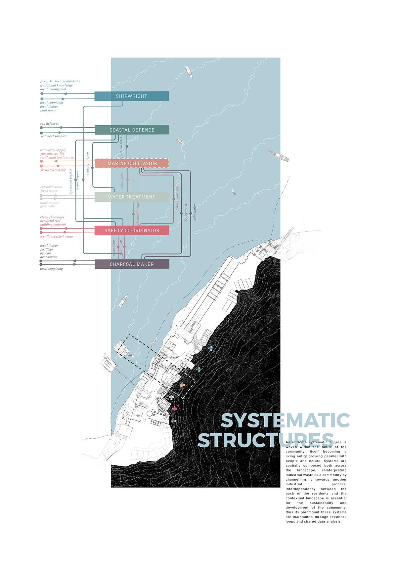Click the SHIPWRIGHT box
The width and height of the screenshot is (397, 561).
tap(132, 96)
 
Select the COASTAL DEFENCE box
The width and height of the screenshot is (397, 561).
tap(132, 130)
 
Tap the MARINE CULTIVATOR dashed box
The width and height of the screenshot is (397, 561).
tap(132, 163)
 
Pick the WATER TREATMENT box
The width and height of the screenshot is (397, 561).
tap(132, 197)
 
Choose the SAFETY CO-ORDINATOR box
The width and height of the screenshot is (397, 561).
tap(132, 230)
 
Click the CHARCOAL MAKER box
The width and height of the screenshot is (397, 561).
tap(132, 264)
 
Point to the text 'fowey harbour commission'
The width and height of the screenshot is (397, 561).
tap(60, 81)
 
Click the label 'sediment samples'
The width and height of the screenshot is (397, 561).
tap(53, 136)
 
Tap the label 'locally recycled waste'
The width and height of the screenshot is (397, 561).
tap(57, 236)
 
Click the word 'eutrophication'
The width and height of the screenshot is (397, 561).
tap(51, 187)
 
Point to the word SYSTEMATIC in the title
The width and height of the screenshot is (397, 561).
tap(285, 421)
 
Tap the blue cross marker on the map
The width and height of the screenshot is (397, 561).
tap(211, 348)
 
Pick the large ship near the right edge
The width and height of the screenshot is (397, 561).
tap(278, 155)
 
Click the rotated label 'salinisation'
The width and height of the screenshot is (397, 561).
tap(195, 212)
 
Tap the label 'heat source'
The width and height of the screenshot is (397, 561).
tap(49, 257)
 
